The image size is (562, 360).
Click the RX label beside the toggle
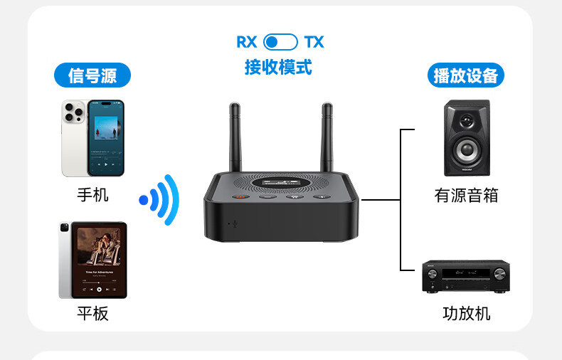pos(246,42)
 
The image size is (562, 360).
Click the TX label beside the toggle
pos(314,42)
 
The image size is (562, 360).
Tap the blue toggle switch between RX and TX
pos(280,42)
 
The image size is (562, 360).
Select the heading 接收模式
pos(278,67)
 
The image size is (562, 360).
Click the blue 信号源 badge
pos(92,75)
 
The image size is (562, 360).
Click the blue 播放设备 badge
pos(465,75)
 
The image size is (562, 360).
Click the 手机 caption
pos(92,194)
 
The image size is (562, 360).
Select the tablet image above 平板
pos(92,260)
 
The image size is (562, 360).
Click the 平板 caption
pos(92,313)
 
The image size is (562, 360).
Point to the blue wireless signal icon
pos(161,199)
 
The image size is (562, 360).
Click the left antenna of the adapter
pos(235,139)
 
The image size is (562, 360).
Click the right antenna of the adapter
pos(327,139)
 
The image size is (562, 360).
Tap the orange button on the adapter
pos(240,197)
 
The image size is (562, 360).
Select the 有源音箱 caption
pos(466,195)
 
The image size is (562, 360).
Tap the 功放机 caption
pos(466,313)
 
